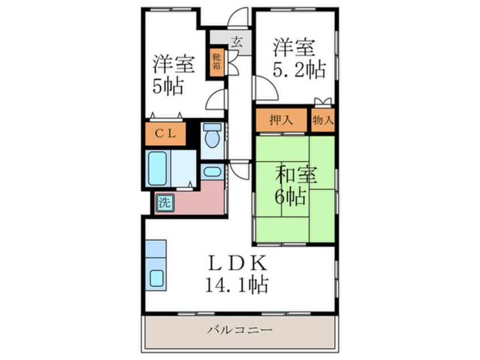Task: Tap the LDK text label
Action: coord(237,263)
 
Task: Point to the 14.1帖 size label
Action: coord(237,285)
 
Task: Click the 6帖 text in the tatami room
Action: coord(291,197)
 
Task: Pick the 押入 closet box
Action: coord(281,120)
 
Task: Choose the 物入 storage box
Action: coord(323,120)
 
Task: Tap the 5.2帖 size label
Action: coord(300,69)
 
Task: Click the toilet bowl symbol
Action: coord(213,137)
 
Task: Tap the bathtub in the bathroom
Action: coord(158,168)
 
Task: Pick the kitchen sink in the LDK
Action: coord(157,279)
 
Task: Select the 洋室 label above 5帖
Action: coord(174,64)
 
